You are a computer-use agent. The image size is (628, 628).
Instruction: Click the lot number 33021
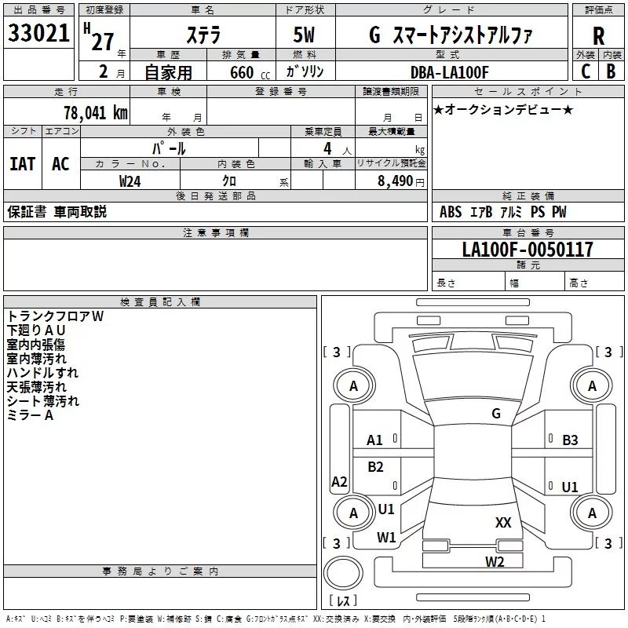pos(38,33)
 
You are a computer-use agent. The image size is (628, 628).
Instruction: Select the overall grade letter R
pos(598,36)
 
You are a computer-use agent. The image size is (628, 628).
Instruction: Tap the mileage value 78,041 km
pos(95,113)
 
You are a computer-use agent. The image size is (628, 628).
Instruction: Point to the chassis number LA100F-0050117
pos(528,249)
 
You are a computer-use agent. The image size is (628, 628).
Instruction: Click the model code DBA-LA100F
pos(450,72)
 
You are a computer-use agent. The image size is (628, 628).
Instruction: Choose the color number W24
pos(130,181)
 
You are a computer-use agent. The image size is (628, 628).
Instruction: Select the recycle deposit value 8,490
pos(395,181)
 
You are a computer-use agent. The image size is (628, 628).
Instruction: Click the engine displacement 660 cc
pos(250,73)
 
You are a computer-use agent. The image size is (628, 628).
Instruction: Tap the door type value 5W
pos(304,35)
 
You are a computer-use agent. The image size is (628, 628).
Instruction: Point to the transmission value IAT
pos(23,164)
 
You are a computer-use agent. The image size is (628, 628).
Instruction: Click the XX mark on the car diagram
pos(503,522)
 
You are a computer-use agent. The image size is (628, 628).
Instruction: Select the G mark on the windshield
pos(496,413)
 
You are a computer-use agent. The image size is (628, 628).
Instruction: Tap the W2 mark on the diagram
pos(495,561)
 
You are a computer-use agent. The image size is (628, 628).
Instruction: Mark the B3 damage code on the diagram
pos(570,440)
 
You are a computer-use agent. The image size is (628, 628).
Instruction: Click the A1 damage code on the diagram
pos(374,440)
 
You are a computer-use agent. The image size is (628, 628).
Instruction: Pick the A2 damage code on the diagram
pos(339,481)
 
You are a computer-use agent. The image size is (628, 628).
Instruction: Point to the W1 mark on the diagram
pos(386,537)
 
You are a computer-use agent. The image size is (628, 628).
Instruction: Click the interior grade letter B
pos(611,71)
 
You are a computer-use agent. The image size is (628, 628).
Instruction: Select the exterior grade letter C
pos(586,71)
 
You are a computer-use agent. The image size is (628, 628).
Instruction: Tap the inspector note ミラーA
pos(30,415)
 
